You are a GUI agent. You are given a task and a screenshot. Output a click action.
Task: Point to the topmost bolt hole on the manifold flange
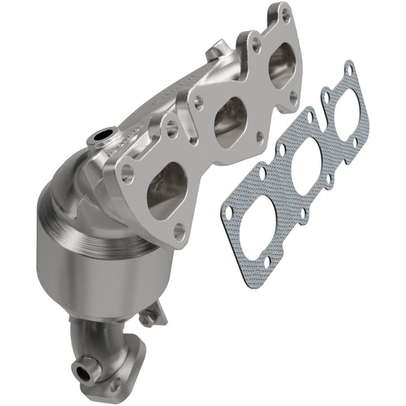pyautogui.click(x=286, y=13)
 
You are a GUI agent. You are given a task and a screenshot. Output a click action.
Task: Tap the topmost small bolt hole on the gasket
pyautogui.click(x=349, y=69)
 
